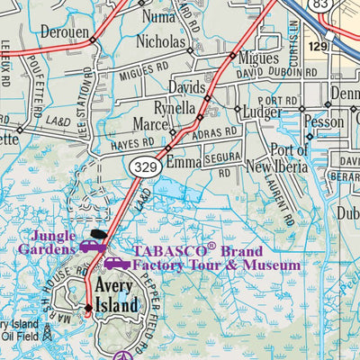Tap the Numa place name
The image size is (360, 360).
158,16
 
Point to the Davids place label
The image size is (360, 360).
187,88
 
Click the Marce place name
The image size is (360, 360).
150,124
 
